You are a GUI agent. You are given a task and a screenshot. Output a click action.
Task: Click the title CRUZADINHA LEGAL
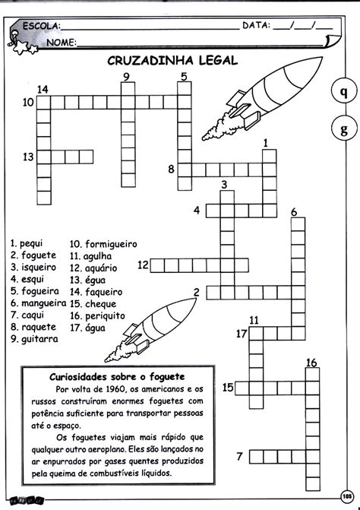click(172, 61)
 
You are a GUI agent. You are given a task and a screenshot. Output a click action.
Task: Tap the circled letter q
click(344, 92)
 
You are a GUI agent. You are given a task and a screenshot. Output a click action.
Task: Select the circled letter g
click(344, 128)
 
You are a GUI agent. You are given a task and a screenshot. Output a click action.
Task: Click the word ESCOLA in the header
click(41, 27)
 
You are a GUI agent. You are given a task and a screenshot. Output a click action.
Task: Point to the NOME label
click(62, 43)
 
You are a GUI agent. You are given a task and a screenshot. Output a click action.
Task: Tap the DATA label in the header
click(257, 25)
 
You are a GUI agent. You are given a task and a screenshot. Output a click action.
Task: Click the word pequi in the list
click(31, 244)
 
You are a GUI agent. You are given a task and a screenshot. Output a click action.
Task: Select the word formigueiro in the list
click(111, 244)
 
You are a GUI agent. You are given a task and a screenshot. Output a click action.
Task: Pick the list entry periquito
click(105, 316)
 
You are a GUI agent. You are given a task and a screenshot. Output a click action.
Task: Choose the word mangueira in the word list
click(43, 303)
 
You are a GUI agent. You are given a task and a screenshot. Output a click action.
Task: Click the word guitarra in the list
click(39, 339)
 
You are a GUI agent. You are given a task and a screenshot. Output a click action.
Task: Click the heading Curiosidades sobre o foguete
click(117, 377)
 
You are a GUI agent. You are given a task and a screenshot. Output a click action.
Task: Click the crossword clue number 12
click(143, 265)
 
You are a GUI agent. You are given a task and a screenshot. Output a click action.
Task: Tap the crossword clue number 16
click(311, 363)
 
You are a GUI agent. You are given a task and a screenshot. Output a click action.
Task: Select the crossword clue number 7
click(240, 456)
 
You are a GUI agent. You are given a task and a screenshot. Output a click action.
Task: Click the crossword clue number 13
click(28, 157)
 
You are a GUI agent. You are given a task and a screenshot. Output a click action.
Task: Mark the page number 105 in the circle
click(346, 496)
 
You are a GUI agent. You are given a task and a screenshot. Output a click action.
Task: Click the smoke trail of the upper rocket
click(218, 127)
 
